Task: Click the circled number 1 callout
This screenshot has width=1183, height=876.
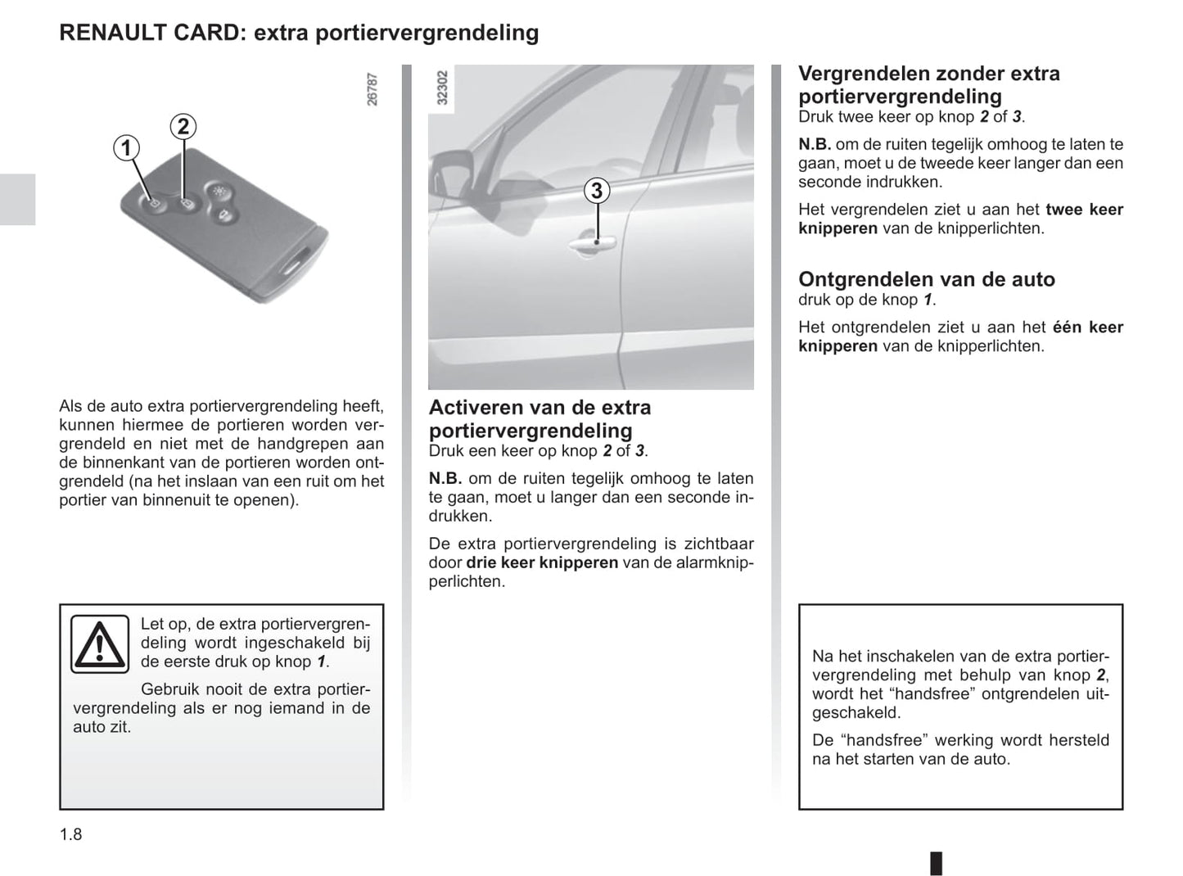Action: click(x=126, y=148)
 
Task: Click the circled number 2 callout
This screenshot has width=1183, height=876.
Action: click(x=183, y=126)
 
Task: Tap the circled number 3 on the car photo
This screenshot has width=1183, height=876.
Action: click(x=597, y=191)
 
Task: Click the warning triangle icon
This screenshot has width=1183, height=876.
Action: click(x=99, y=643)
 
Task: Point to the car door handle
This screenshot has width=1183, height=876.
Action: click(x=595, y=243)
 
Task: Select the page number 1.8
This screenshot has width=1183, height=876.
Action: click(x=71, y=834)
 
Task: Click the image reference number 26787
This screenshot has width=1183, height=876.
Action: click(x=373, y=89)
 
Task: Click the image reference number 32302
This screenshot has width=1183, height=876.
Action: click(x=443, y=88)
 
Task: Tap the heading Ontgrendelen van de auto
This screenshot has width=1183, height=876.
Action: click(x=926, y=279)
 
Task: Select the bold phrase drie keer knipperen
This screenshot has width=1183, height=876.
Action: click(x=542, y=562)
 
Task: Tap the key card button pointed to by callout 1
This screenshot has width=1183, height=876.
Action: click(x=154, y=202)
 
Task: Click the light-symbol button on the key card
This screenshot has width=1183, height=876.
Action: click(x=219, y=190)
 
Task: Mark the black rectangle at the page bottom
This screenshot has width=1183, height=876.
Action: click(x=936, y=863)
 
